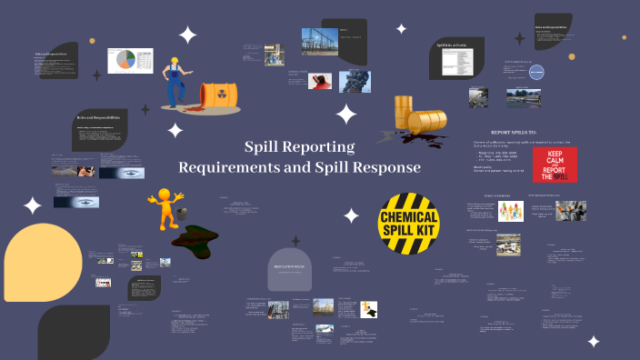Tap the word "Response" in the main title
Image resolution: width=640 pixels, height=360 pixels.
click(388, 167)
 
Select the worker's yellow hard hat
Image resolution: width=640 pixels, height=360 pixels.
click(171, 62)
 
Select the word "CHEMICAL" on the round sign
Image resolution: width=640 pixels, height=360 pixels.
click(409, 218)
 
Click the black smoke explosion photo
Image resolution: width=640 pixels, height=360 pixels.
click(354, 81)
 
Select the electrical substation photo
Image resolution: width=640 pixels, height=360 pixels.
click(318, 41)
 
